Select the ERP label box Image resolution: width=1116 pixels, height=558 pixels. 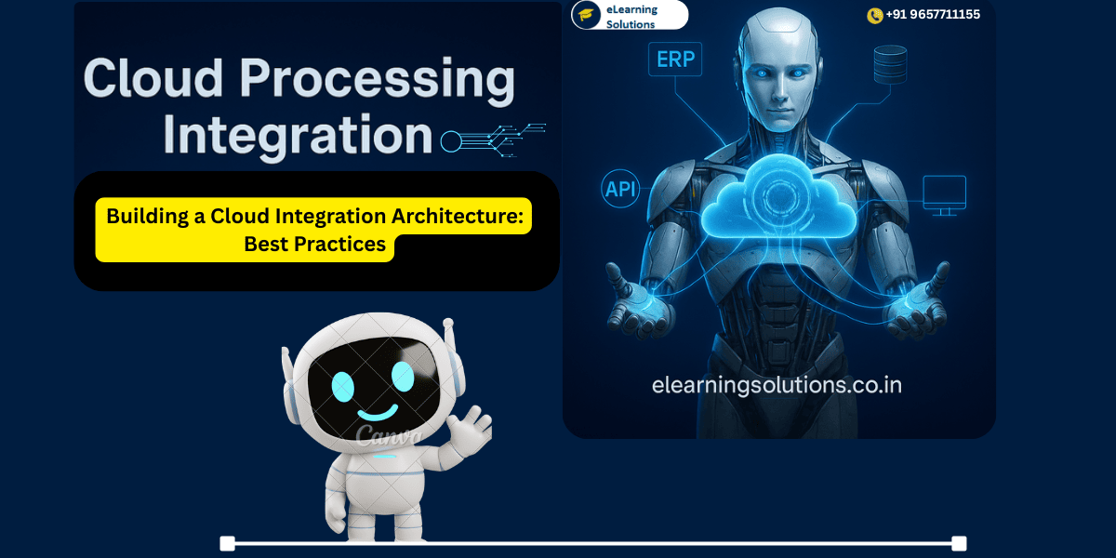coord(676,60)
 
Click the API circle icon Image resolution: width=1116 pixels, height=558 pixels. coord(622,190)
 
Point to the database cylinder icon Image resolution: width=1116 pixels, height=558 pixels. coord(890,65)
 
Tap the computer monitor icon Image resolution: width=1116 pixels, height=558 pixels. coord(944,194)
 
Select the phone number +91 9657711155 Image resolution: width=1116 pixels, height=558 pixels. coord(932,15)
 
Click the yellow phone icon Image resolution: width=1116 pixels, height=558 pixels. coord(874,15)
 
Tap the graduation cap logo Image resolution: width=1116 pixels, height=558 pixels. coord(586,15)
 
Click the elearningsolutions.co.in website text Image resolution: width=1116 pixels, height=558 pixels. coord(777,384)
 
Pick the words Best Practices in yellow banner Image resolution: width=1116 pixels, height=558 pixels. coord(314,245)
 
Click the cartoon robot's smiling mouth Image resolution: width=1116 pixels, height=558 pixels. coord(373,413)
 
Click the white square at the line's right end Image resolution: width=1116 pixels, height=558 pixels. coord(959,543)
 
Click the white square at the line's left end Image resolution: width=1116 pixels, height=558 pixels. coord(227,543)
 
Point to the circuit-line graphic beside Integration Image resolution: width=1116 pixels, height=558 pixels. coord(493,139)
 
